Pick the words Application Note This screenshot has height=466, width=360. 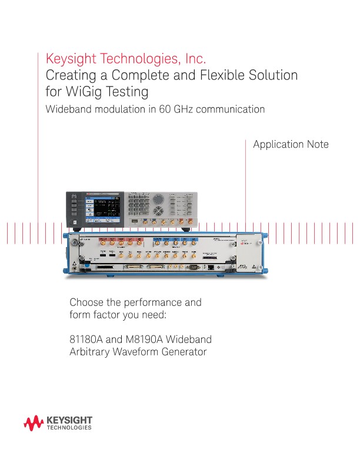pos(291,145)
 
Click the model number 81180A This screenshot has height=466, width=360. pos(86,340)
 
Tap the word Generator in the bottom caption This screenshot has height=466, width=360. pos(183,352)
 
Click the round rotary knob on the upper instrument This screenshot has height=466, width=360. pos(159,210)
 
